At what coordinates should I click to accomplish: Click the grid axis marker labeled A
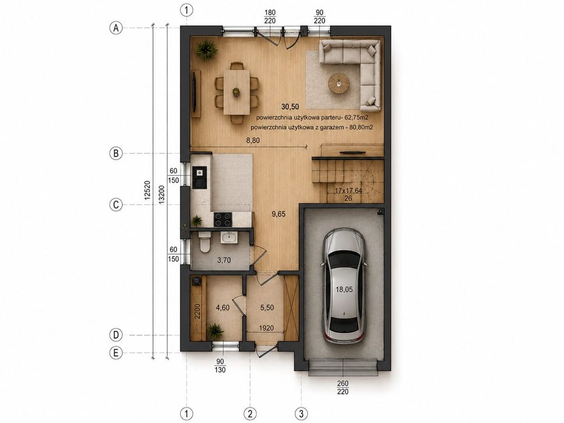point(116,28)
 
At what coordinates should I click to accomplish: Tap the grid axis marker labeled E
point(116,353)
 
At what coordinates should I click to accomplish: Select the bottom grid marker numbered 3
point(302,413)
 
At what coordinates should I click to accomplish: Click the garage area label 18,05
point(344,289)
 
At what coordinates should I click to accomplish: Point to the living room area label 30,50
point(290,106)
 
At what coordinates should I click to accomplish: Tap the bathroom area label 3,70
point(224,260)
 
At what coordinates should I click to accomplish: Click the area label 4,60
point(222,308)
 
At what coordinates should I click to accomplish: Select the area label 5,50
point(267,308)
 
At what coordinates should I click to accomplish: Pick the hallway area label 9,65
point(279,214)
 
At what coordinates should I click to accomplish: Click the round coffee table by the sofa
point(339,83)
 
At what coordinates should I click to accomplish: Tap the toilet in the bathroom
point(205,242)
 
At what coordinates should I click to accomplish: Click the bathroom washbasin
point(229,237)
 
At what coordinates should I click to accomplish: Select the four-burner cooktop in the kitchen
point(223,219)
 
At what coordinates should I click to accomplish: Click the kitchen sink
point(199,178)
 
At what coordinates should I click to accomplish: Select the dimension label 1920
point(266,328)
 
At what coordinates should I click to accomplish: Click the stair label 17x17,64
point(348,190)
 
